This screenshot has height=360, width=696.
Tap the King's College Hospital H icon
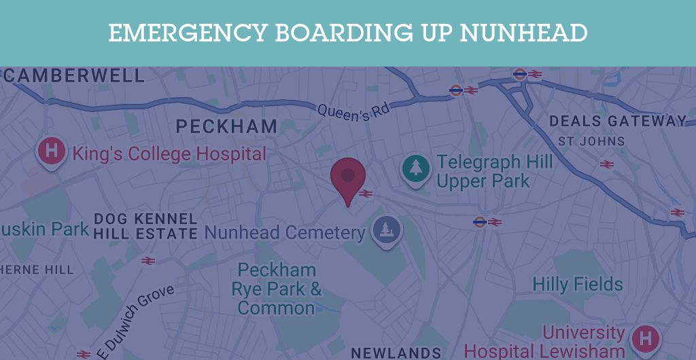51,149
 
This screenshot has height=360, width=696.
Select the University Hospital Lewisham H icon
646,338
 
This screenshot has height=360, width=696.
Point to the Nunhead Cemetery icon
386,230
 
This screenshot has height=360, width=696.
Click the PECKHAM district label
226,126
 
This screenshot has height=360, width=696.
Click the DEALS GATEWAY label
618,122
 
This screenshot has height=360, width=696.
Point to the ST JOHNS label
591,142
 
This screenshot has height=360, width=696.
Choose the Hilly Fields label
578,284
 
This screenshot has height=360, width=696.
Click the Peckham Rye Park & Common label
277,289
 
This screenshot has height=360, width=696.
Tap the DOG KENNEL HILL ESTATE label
145,226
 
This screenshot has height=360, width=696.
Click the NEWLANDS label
396,353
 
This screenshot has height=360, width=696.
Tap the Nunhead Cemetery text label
285,233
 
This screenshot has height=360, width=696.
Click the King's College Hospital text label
169,154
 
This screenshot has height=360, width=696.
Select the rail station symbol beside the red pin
366,194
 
